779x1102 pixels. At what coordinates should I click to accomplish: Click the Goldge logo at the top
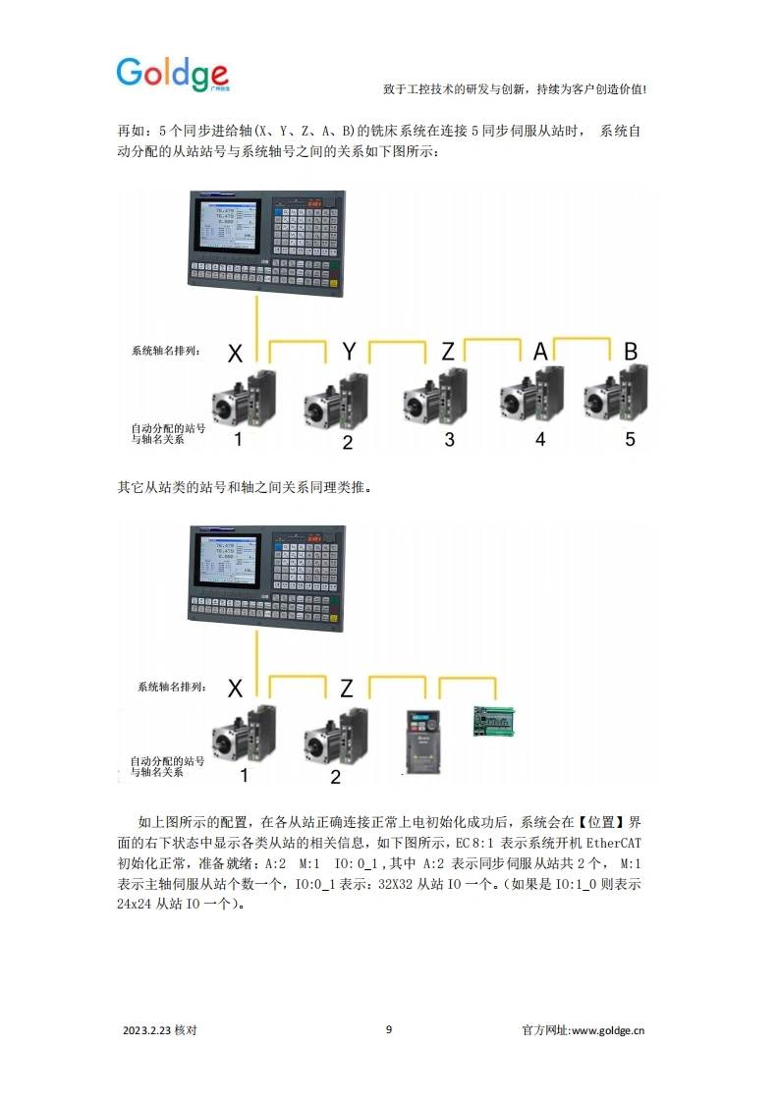(x=173, y=74)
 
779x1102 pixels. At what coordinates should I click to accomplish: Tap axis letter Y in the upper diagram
(x=349, y=351)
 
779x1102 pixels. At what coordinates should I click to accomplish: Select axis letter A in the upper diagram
(x=540, y=351)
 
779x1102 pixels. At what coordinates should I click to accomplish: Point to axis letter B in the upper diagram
(x=631, y=351)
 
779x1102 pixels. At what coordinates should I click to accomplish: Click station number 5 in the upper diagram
(x=630, y=439)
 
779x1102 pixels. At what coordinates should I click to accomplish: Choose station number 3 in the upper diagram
(x=449, y=439)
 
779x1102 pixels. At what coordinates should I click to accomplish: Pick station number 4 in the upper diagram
(x=539, y=439)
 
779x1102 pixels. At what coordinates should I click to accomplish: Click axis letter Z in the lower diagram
(x=346, y=688)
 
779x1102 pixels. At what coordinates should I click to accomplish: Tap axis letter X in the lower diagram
(x=235, y=688)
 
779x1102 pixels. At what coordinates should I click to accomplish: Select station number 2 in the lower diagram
(x=335, y=777)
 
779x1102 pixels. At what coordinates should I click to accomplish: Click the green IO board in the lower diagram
(x=495, y=719)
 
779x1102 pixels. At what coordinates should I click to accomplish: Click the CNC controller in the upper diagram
(x=265, y=243)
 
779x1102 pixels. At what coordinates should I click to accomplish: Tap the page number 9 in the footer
(x=389, y=1029)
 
